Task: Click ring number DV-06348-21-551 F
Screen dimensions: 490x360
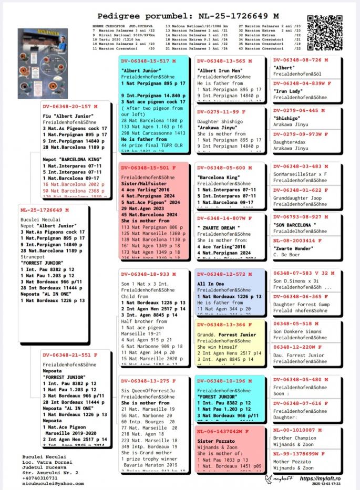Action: click(66, 355)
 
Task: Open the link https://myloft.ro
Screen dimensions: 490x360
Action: click(320, 478)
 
